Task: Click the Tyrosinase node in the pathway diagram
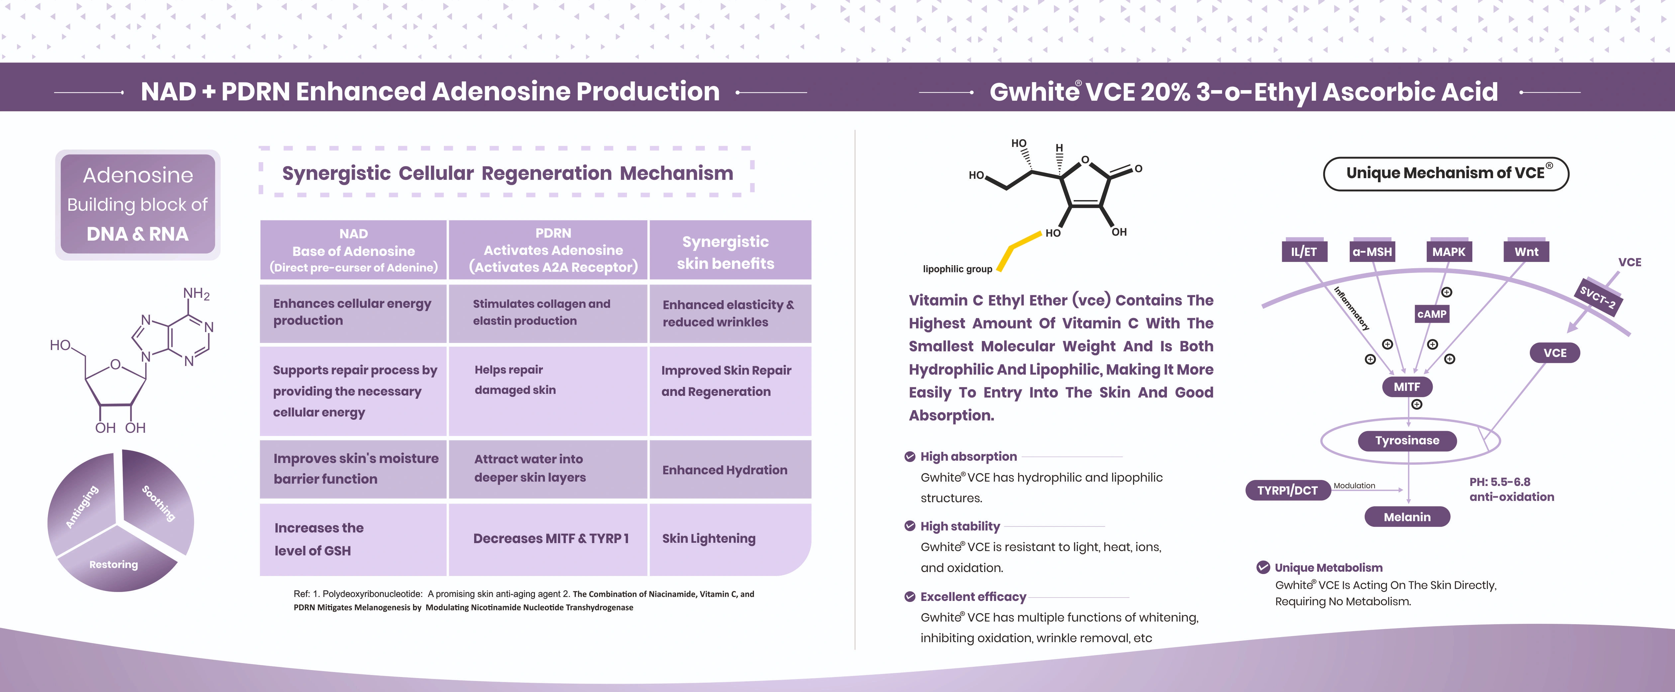1407,440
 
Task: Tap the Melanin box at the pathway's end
1407,517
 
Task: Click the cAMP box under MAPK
1432,314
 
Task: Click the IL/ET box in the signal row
1304,252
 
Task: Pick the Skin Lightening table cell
709,538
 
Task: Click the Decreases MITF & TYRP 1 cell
551,538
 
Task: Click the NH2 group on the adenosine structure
196,294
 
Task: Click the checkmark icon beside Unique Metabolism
1263,567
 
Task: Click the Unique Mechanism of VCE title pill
1446,173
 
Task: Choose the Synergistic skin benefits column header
726,252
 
